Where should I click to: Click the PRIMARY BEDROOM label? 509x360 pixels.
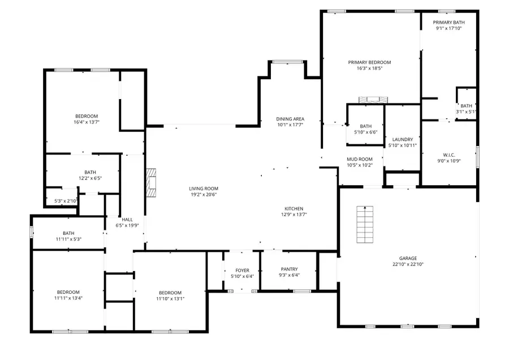(369, 62)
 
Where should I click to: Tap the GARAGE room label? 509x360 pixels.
(408, 257)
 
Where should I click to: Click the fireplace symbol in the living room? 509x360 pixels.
(150, 183)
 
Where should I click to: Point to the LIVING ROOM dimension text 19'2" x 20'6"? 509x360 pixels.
(203, 195)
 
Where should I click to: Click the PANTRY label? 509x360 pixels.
(289, 269)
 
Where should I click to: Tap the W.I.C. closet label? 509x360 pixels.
(449, 155)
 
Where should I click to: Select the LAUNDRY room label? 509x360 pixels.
(402, 139)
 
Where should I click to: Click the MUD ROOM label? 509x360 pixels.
(359, 159)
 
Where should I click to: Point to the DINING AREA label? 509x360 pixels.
(290, 119)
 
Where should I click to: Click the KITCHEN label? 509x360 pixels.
(294, 209)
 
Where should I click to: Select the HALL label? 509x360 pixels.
(127, 219)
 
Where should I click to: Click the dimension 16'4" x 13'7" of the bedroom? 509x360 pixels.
(87, 122)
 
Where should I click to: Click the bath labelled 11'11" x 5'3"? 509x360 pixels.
(68, 239)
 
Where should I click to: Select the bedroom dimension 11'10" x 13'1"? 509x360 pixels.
(170, 299)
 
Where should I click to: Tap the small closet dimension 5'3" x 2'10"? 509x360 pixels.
(66, 201)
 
